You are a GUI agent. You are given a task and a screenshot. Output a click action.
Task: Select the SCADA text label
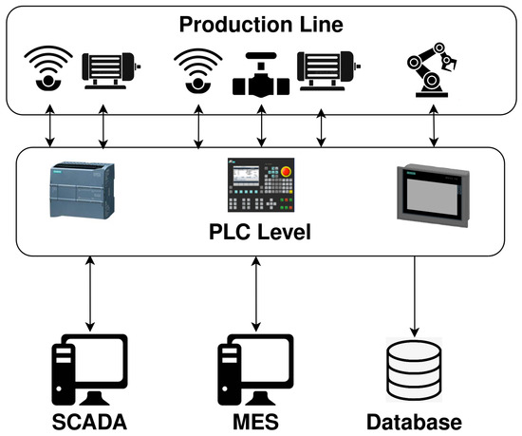(90, 421)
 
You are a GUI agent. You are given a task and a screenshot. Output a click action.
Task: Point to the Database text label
(416, 421)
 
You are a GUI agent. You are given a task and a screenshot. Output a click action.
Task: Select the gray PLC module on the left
(81, 193)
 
